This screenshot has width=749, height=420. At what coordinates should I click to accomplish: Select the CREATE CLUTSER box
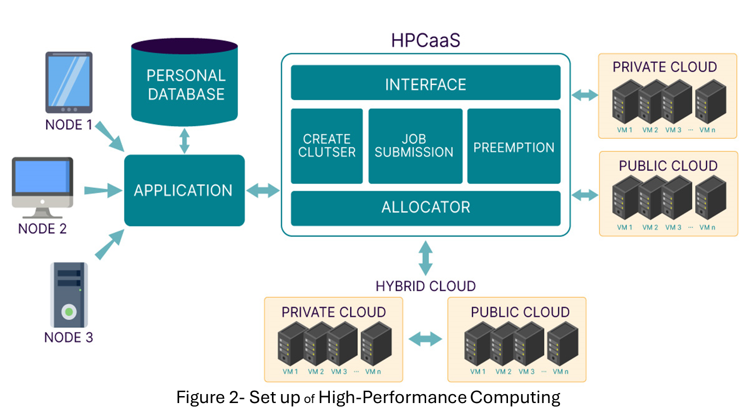click(327, 146)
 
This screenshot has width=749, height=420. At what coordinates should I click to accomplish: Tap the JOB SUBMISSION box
click(415, 146)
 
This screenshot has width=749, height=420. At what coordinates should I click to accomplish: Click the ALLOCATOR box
click(425, 208)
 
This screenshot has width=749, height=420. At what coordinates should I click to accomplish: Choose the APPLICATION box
click(184, 190)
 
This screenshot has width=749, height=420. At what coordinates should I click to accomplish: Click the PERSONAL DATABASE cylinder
click(185, 83)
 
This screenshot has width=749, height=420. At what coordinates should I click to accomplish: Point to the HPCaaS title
click(425, 40)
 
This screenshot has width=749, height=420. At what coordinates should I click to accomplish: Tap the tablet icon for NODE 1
click(69, 82)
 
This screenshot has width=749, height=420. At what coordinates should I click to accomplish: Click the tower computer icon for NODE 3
click(69, 295)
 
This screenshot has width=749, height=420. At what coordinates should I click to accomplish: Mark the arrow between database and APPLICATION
click(184, 141)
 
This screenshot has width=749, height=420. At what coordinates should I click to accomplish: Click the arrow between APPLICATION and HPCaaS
click(263, 190)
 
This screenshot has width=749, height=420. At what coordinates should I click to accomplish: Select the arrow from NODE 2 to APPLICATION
click(103, 190)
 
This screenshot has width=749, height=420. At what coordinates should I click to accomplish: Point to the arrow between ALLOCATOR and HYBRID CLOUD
click(425, 258)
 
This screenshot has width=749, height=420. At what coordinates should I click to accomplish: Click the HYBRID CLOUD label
click(425, 286)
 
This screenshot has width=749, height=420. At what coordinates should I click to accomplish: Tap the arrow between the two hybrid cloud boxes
click(425, 339)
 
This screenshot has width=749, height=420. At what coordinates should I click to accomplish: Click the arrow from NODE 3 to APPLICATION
click(109, 244)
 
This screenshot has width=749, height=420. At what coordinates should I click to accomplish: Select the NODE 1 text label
click(69, 125)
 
